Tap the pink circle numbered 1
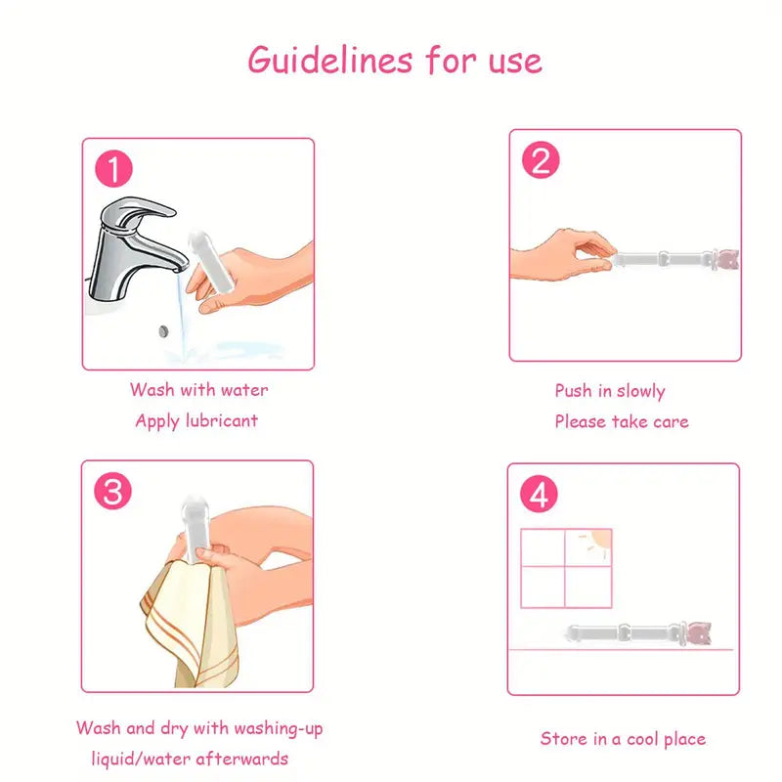(114, 170)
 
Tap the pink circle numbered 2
(541, 161)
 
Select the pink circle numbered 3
(113, 492)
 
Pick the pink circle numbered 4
(539, 496)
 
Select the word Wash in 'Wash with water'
(152, 390)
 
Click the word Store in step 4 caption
(562, 739)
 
